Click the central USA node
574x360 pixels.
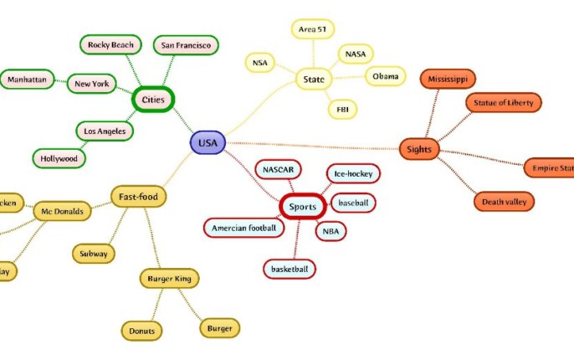tap(208, 143)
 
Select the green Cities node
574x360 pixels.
tap(153, 99)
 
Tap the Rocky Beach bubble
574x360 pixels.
tap(111, 44)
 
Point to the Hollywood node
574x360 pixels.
tap(59, 158)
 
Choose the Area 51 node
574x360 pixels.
tap(313, 30)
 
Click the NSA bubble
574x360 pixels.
tap(259, 62)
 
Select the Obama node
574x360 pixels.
tap(386, 76)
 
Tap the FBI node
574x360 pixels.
tap(342, 108)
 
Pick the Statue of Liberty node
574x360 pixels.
tap(504, 103)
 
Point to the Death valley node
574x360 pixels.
tap(503, 202)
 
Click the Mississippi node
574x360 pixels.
tap(448, 79)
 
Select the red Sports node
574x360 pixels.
tap(302, 206)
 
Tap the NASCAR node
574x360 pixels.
tap(278, 170)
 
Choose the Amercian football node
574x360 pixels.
tap(243, 228)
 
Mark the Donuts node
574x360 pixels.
tap(142, 332)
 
